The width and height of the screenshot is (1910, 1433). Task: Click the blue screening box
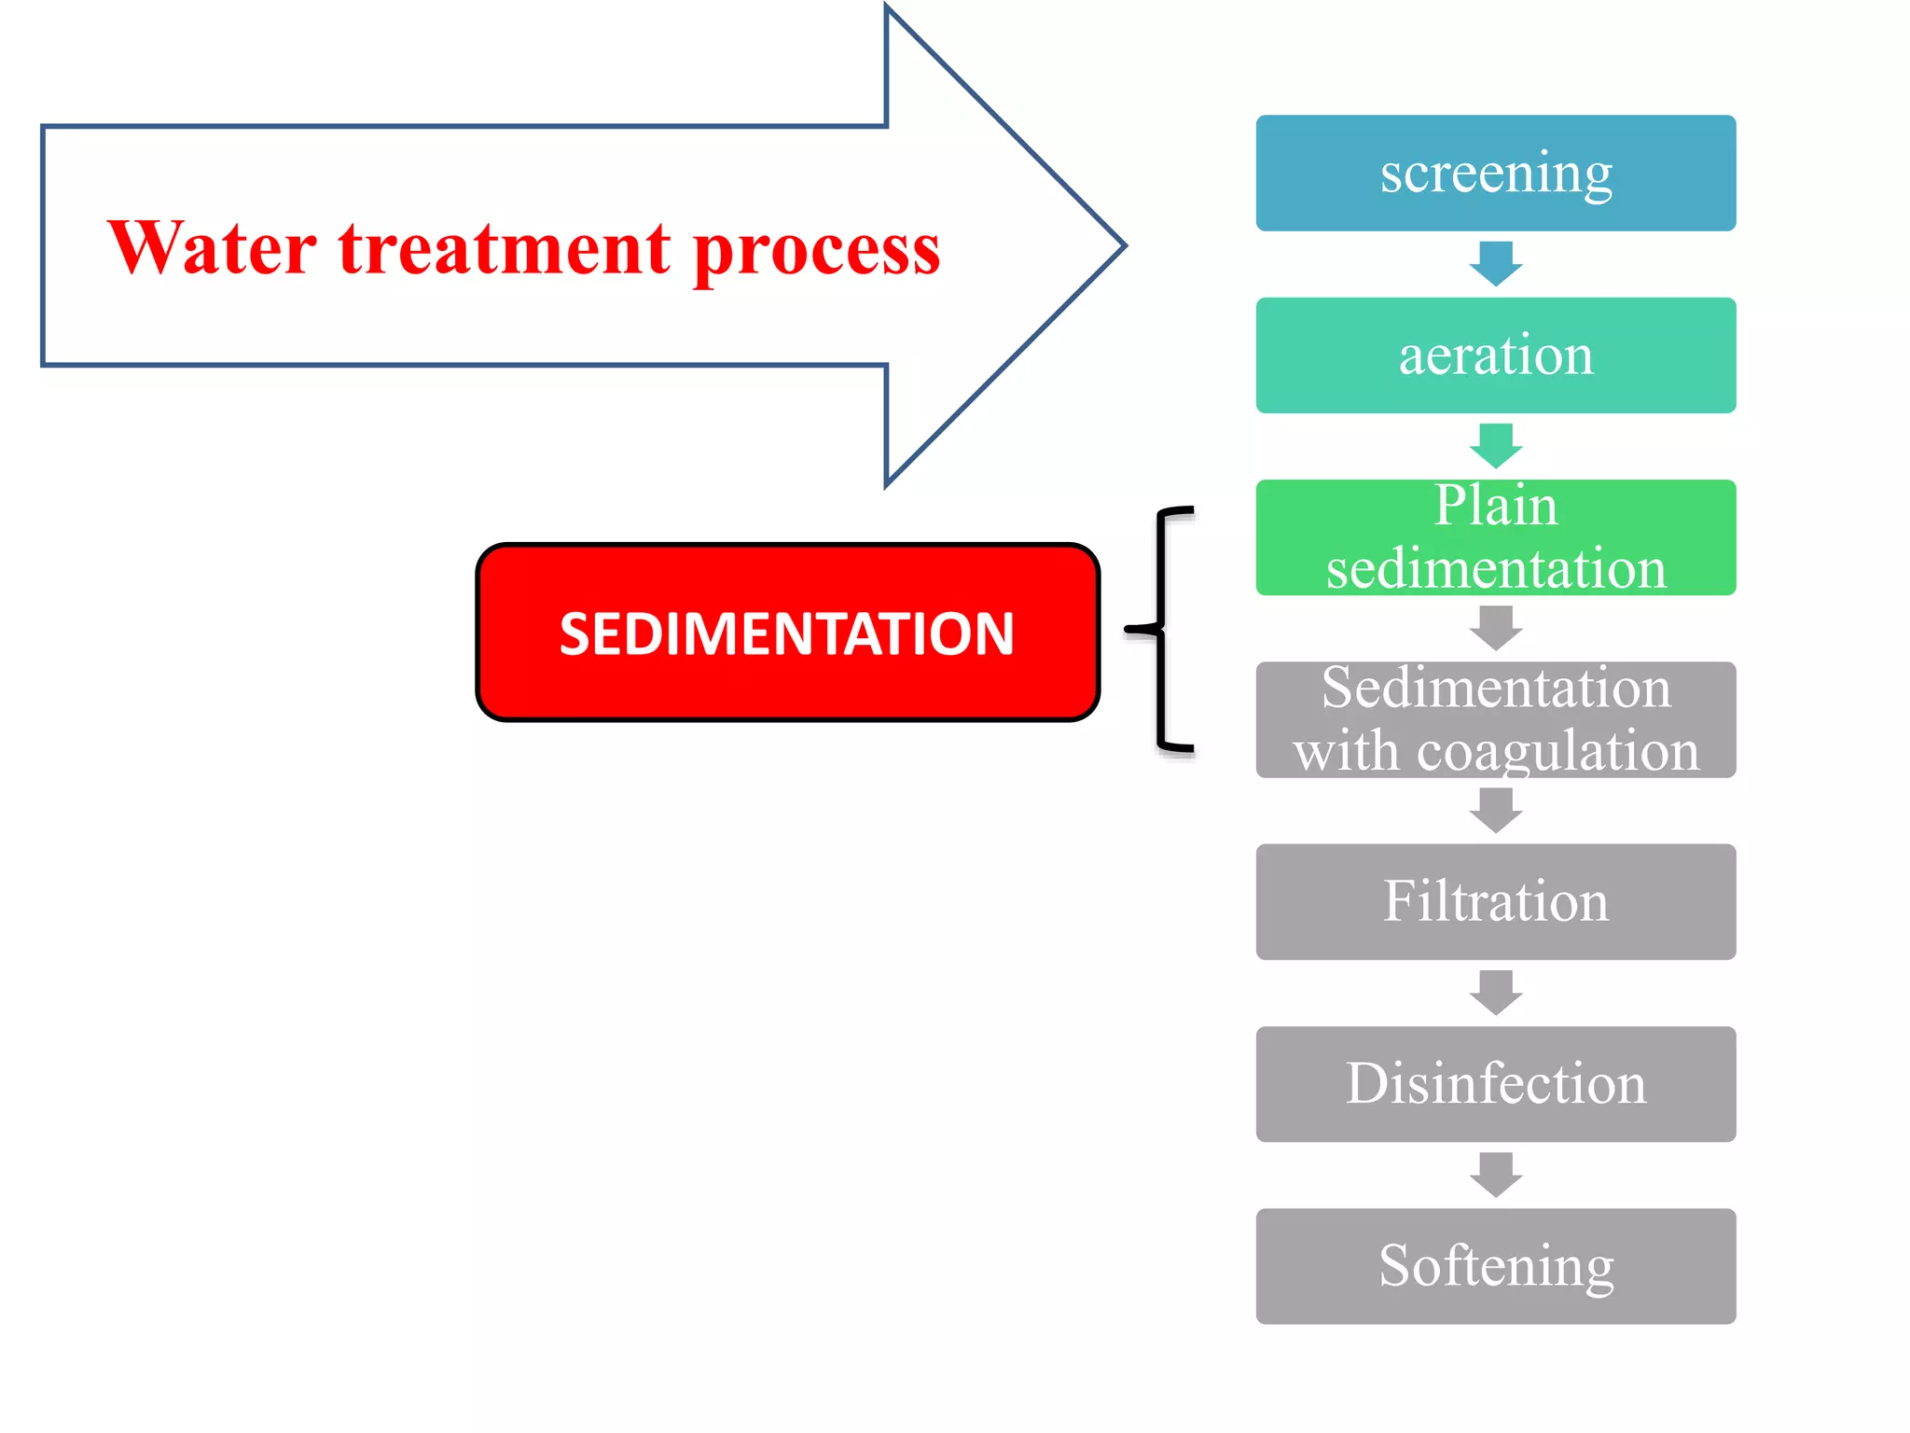[1495, 174]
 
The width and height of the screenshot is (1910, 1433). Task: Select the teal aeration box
[1495, 355]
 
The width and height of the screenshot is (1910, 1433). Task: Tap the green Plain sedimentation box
[1495, 538]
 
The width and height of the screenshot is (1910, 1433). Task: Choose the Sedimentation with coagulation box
[1495, 719]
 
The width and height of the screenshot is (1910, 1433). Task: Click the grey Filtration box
[1495, 902]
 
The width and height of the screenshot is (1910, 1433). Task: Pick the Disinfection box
[1495, 1084]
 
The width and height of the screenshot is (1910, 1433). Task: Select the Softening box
[1495, 1266]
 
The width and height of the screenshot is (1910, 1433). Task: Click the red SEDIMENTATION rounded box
[787, 633]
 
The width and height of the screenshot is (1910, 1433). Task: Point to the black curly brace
[1161, 630]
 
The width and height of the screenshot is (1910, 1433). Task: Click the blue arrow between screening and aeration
[1495, 264]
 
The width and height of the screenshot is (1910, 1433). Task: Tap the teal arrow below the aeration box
[1495, 446]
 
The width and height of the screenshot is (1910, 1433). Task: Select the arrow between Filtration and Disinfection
[1495, 993]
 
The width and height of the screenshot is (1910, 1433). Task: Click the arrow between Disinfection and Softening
[1495, 1175]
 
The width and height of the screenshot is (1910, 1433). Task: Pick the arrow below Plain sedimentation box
[1495, 628]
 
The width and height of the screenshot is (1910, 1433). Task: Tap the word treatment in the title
[504, 250]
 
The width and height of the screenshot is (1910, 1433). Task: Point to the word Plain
[1495, 507]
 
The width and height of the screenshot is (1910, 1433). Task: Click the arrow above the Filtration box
[1495, 810]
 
